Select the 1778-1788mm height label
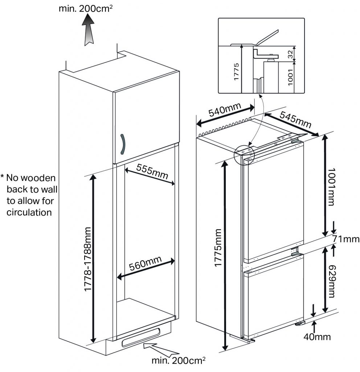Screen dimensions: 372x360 click(x=88, y=259)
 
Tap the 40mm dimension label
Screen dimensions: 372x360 click(x=317, y=337)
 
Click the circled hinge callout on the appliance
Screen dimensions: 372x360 click(x=244, y=155)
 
